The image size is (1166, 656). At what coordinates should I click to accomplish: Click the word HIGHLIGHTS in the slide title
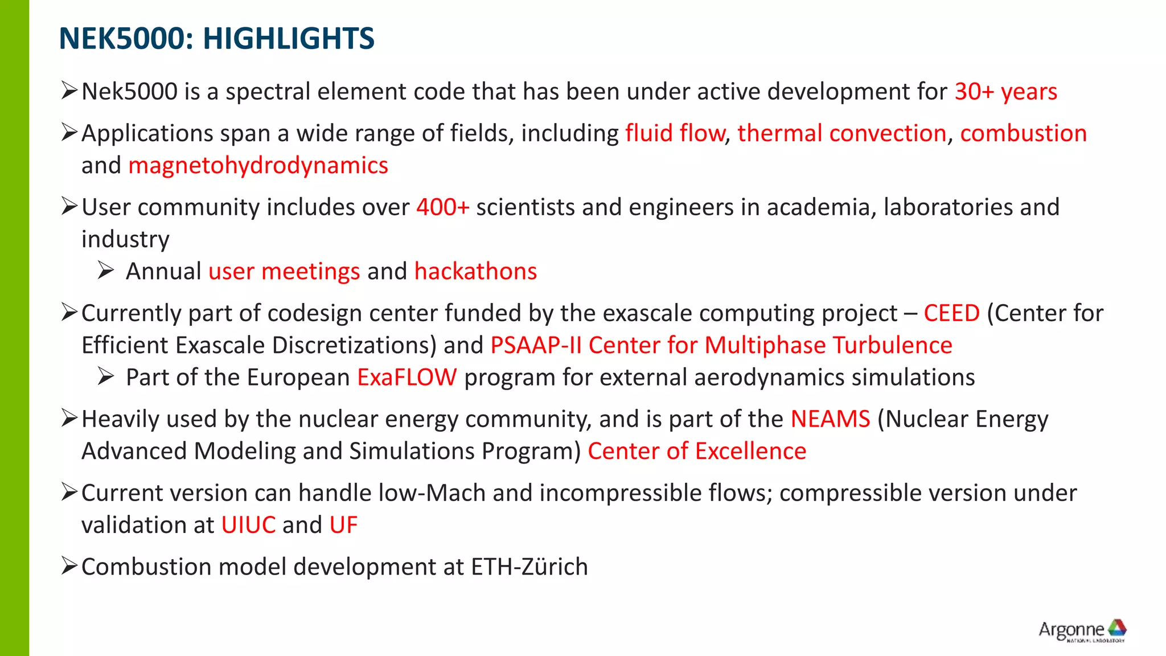click(289, 39)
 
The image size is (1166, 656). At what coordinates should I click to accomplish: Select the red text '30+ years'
click(1005, 92)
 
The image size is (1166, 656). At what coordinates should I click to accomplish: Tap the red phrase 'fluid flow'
click(675, 133)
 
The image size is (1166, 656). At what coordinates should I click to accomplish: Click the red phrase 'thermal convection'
click(841, 133)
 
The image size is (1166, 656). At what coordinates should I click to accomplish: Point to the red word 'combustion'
click(1023, 133)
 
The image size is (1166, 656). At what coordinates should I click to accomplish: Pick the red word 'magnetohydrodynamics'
click(258, 166)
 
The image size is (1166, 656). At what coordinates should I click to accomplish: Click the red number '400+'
click(442, 207)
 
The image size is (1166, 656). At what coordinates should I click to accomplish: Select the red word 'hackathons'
click(475, 272)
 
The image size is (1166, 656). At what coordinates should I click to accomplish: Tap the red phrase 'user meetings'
click(284, 272)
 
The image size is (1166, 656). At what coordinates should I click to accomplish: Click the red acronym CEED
click(951, 313)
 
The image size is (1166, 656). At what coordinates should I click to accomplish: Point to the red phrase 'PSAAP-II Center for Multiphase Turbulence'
click(721, 346)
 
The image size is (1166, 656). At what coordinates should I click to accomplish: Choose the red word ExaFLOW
click(407, 378)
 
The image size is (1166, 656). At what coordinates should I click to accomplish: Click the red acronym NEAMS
click(830, 419)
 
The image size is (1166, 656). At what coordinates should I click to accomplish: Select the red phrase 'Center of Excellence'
click(697, 452)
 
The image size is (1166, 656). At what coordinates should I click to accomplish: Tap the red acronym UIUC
click(248, 525)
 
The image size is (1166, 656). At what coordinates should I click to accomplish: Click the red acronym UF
click(343, 525)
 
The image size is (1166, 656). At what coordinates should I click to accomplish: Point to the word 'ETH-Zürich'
click(529, 567)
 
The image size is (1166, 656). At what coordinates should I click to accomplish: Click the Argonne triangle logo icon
click(1116, 628)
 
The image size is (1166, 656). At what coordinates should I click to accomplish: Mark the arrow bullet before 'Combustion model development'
click(69, 566)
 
